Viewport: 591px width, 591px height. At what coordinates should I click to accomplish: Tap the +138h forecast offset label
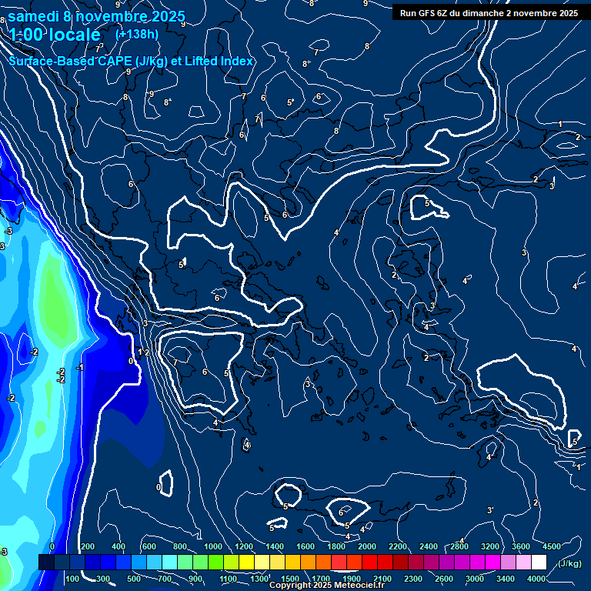pyautogui.click(x=137, y=34)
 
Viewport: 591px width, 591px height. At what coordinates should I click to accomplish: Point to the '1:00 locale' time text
pyautogui.click(x=55, y=35)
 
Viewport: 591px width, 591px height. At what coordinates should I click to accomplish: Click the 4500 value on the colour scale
pyautogui.click(x=552, y=546)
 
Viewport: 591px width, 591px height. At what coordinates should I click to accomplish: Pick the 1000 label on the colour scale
pyautogui.click(x=212, y=546)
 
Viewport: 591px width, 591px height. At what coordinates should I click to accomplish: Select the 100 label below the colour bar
pyautogui.click(x=72, y=578)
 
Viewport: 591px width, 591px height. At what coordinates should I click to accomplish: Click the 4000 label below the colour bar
pyautogui.click(x=536, y=578)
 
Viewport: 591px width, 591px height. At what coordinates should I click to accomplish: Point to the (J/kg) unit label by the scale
pyautogui.click(x=569, y=564)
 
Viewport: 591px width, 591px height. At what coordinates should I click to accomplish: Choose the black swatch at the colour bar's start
pyautogui.click(x=46, y=563)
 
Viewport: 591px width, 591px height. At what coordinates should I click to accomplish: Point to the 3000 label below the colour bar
pyautogui.click(x=475, y=578)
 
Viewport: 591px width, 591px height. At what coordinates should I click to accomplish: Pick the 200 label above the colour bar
pyautogui.click(x=87, y=546)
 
